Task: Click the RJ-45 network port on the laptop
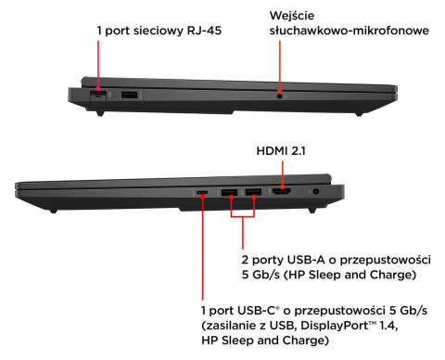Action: [x=95, y=94]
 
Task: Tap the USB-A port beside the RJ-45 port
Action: [x=128, y=94]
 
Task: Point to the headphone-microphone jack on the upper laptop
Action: [x=279, y=94]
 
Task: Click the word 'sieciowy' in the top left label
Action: [x=159, y=31]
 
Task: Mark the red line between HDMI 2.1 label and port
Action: [x=282, y=172]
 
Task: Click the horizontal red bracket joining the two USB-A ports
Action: [x=241, y=220]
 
